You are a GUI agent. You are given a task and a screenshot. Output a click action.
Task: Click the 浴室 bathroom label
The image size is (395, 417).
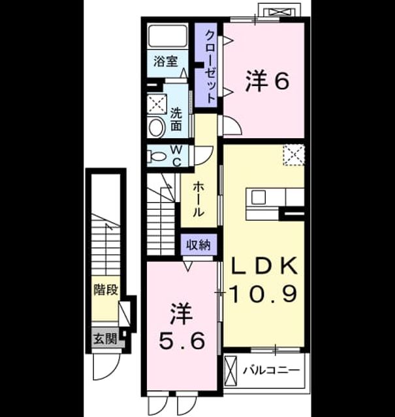166,62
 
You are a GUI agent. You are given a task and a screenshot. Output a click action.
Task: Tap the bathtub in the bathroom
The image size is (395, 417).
168,36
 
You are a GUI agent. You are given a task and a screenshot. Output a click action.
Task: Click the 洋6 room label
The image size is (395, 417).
267,81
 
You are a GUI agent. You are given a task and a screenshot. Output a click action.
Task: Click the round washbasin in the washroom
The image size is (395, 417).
157,128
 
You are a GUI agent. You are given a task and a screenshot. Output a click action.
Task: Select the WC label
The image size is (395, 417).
177,156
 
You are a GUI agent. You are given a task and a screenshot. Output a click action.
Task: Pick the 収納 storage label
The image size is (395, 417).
198,245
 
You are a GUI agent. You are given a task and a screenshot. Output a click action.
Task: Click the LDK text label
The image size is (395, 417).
264,265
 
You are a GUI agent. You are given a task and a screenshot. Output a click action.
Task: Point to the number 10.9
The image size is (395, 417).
263,294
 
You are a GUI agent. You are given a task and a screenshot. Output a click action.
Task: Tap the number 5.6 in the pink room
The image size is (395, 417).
182,341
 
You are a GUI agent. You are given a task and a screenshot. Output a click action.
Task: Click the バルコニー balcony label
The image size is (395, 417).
272,370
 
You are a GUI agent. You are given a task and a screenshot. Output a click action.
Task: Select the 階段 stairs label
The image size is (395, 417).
106,289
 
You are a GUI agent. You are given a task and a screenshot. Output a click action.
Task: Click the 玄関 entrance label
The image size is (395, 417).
105,339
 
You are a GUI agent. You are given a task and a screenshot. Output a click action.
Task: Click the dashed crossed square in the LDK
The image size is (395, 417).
293,155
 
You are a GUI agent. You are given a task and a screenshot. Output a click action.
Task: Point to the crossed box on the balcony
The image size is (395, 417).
231,370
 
